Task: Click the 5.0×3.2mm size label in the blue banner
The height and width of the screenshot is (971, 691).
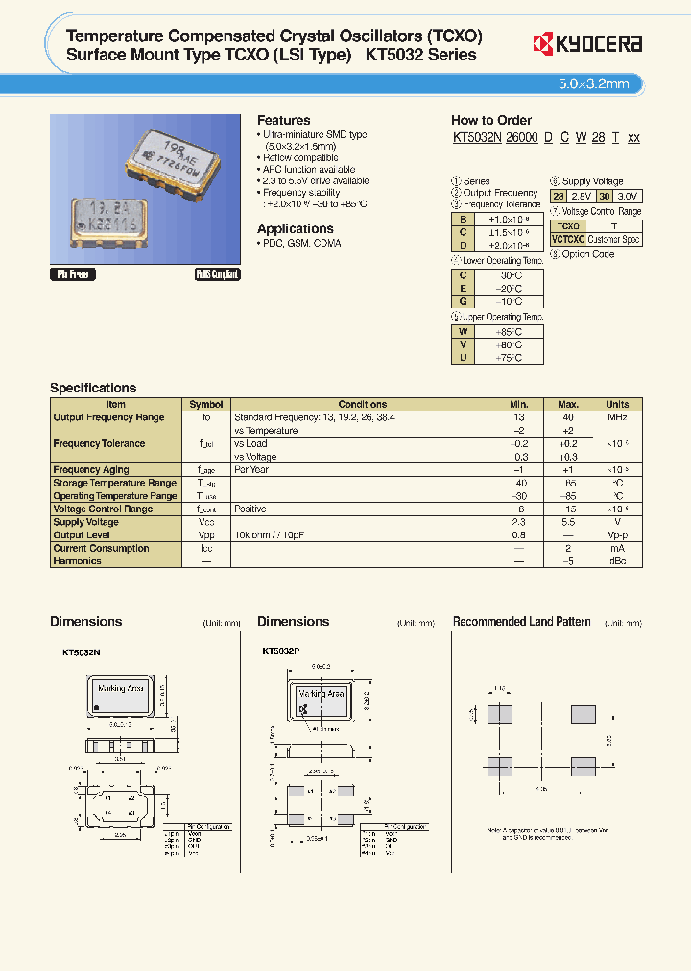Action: tap(593, 83)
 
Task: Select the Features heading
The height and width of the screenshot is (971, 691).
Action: tap(283, 121)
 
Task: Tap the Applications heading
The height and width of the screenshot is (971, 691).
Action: tap(295, 228)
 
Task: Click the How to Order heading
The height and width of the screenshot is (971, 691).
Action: tap(490, 121)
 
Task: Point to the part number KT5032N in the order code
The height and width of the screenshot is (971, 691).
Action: tap(477, 138)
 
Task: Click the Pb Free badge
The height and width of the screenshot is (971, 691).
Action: tap(71, 274)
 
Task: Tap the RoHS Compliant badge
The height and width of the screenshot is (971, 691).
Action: tap(217, 274)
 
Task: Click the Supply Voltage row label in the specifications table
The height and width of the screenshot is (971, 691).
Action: tap(86, 523)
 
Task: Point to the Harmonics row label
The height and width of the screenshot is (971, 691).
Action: tap(78, 561)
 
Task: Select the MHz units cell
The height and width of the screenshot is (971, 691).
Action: tap(617, 417)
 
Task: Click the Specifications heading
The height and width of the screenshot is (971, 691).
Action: tap(93, 388)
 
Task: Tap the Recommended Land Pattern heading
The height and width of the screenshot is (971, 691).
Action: tap(521, 622)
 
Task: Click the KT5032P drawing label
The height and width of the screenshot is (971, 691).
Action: tap(281, 651)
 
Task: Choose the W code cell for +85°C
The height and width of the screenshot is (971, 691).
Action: tap(463, 331)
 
